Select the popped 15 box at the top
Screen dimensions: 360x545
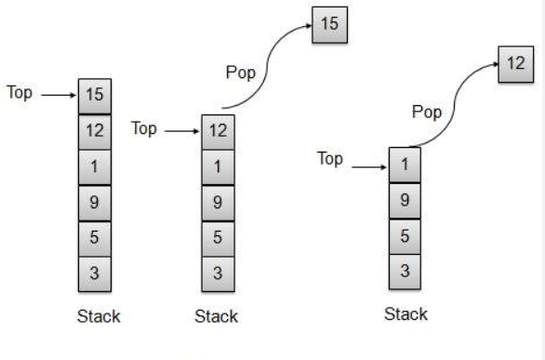tap(329, 24)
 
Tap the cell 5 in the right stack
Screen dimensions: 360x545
tap(404, 236)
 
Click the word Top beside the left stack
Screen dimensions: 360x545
tap(21, 94)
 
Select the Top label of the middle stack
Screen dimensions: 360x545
tap(144, 129)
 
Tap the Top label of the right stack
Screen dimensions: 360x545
tap(330, 159)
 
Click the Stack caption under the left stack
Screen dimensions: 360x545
tap(98, 316)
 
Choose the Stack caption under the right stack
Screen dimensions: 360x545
tap(405, 313)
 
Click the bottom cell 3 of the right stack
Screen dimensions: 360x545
tap(404, 271)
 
